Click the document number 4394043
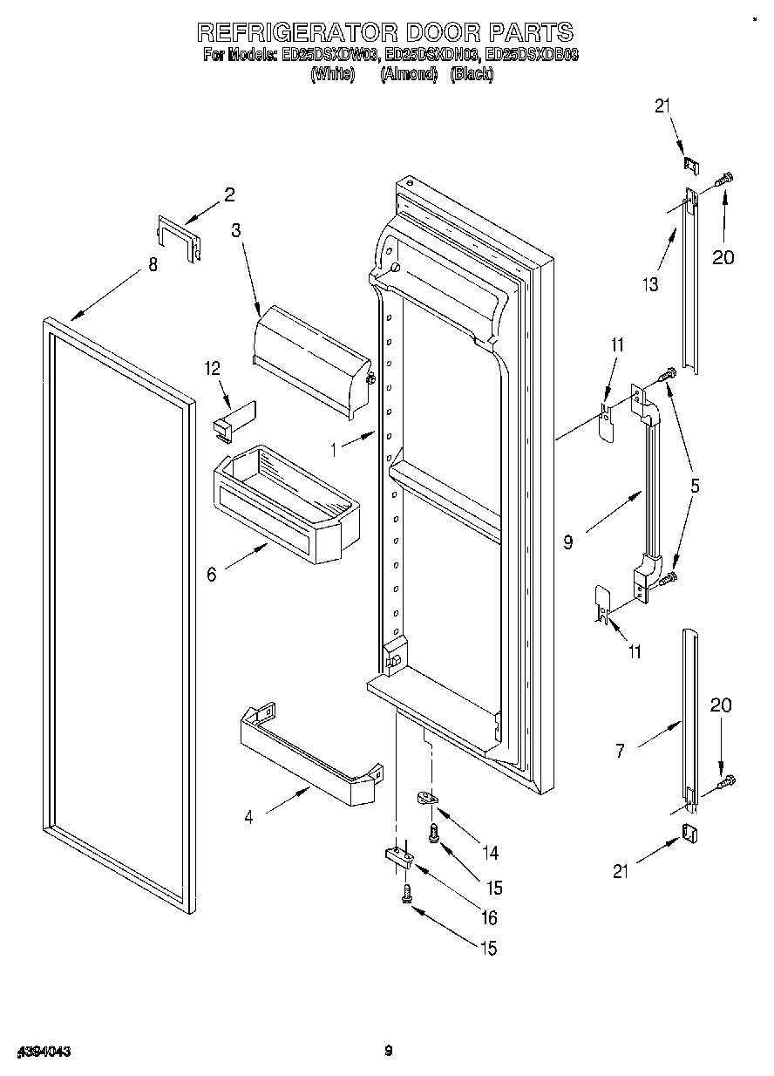pyautogui.click(x=42, y=1052)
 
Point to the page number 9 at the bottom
pyautogui.click(x=389, y=1051)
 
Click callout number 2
pyautogui.click(x=229, y=195)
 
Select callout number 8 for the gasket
pyautogui.click(x=153, y=265)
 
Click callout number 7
pyautogui.click(x=620, y=750)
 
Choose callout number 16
pyautogui.click(x=488, y=917)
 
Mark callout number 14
pyautogui.click(x=493, y=852)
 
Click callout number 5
pyautogui.click(x=695, y=486)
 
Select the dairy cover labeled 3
pyautogui.click(x=309, y=358)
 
